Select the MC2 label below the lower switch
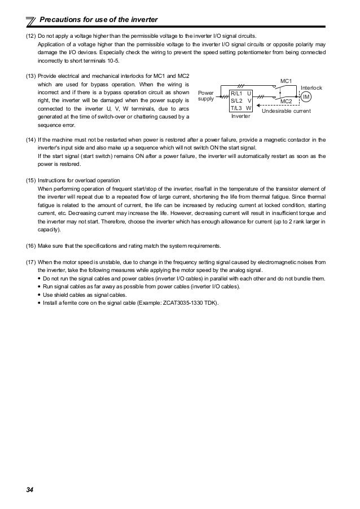[287, 101]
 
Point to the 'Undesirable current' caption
[290, 112]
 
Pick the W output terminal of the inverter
[249, 107]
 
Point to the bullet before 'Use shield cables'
[39, 295]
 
